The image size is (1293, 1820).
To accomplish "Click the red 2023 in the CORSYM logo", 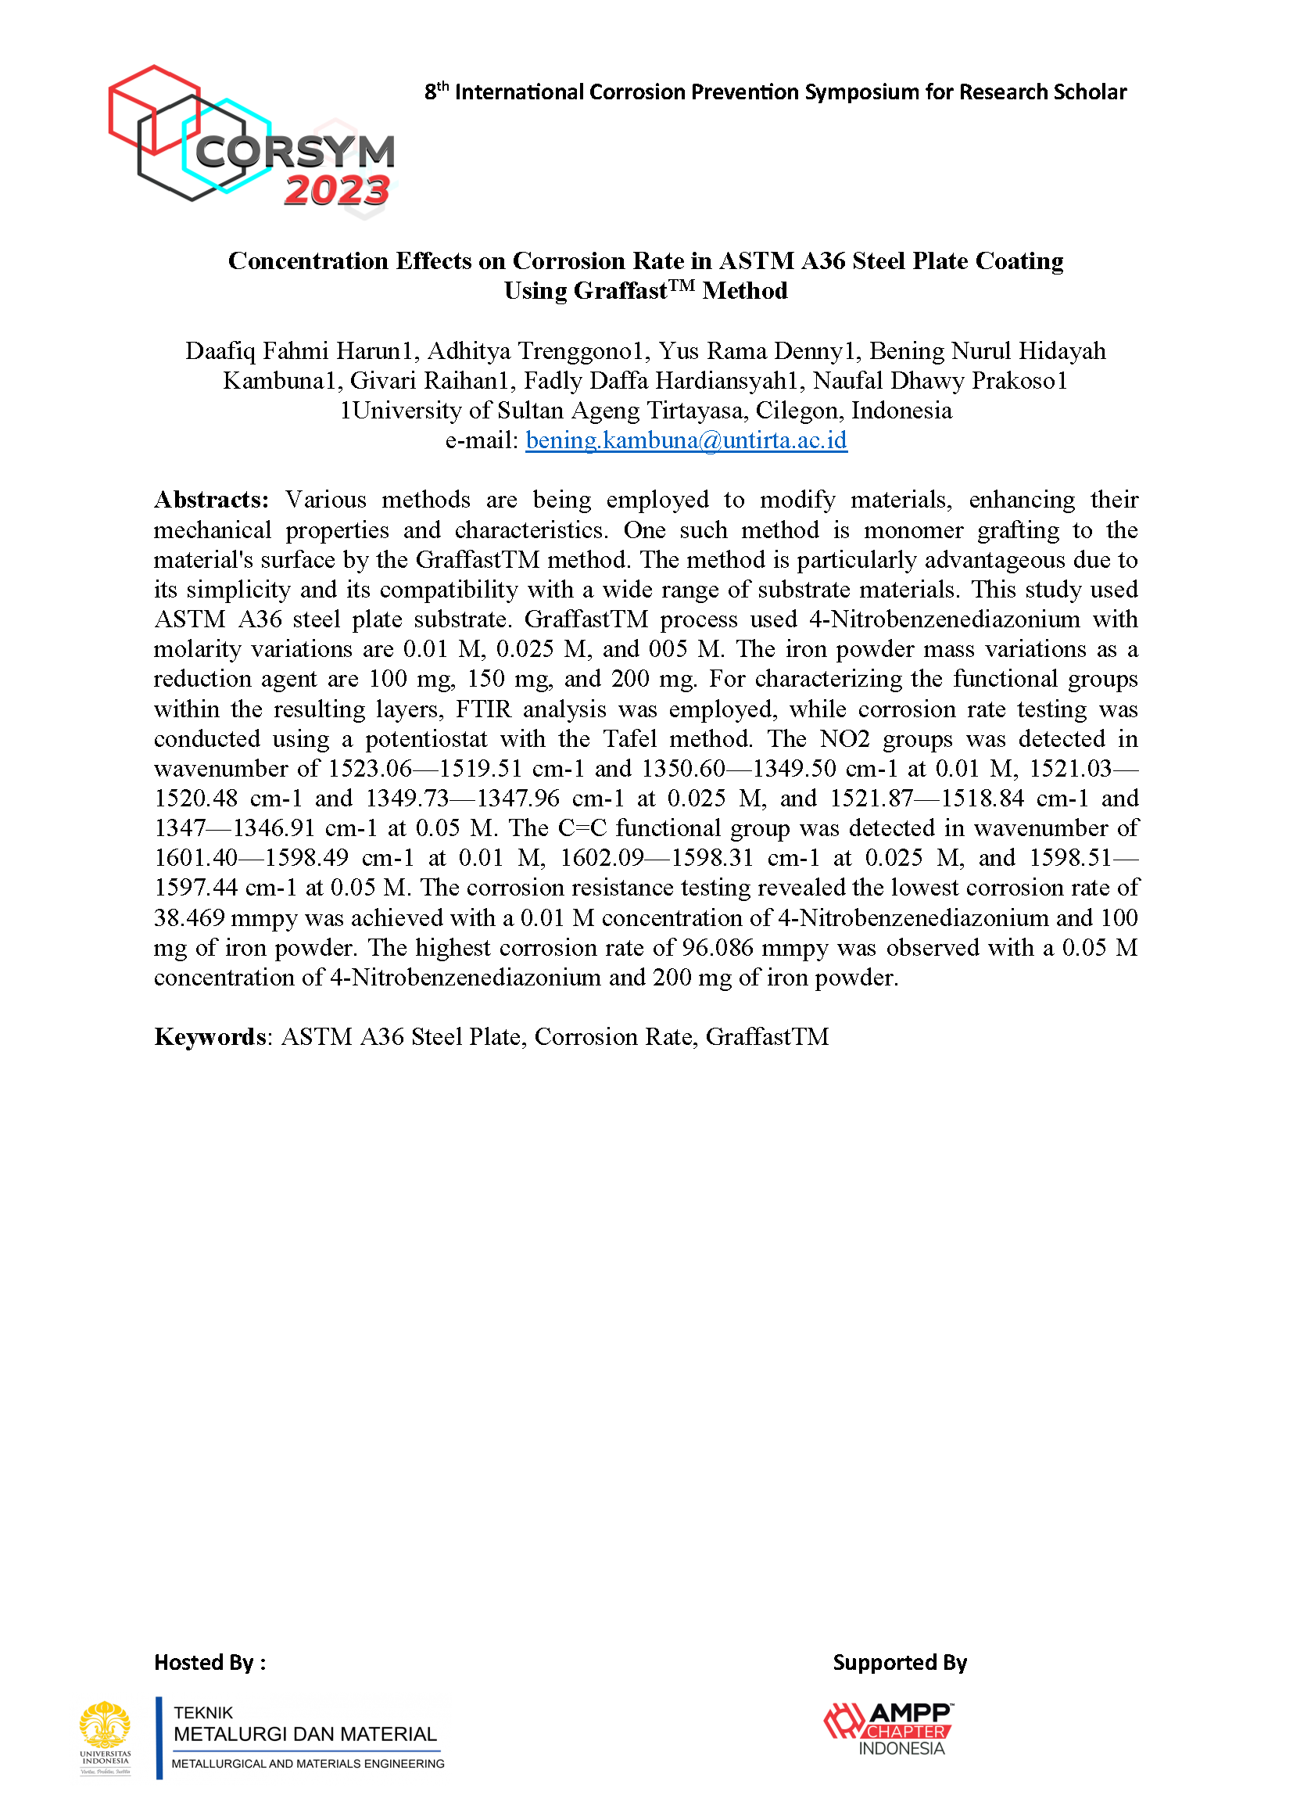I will click(336, 190).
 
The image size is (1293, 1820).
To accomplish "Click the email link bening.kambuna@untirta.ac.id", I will click(686, 440).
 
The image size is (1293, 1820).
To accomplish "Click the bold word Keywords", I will click(210, 1036).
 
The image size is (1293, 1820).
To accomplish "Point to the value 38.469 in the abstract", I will click(188, 917).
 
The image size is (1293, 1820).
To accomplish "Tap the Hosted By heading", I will click(210, 1657).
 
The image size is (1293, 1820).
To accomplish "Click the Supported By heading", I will click(899, 1657).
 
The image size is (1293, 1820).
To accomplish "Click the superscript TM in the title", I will click(682, 285).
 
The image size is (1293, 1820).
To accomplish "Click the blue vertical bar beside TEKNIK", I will click(159, 1737).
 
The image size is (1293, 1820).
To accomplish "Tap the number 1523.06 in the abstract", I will click(370, 769).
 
